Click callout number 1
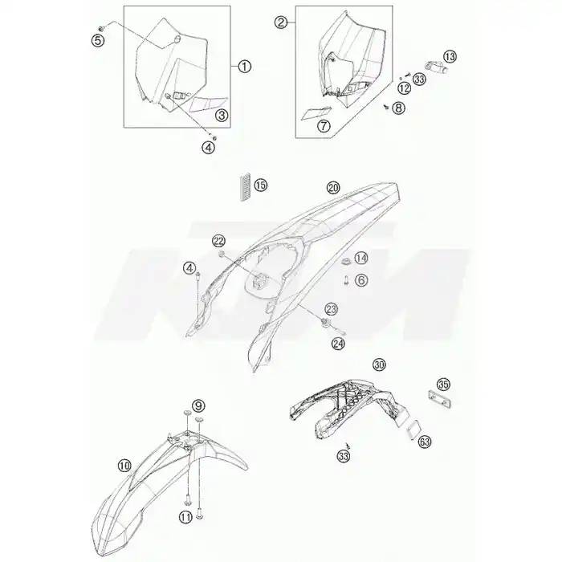tap(244, 67)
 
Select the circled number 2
tap(281, 22)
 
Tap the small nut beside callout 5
tap(101, 27)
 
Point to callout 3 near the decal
tap(222, 115)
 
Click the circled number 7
tap(324, 125)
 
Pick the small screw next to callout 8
tap(386, 107)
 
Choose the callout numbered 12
tap(404, 88)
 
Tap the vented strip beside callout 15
tap(244, 188)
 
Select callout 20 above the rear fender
tap(333, 187)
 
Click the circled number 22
tap(218, 241)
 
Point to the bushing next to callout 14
tap(346, 261)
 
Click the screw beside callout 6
tap(346, 280)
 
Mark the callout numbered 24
tap(338, 344)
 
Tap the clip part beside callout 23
tap(325, 322)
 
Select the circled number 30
tap(379, 364)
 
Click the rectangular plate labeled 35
tap(439, 399)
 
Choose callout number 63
tap(425, 442)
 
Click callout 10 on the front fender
tap(124, 466)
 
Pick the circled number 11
tap(185, 517)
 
